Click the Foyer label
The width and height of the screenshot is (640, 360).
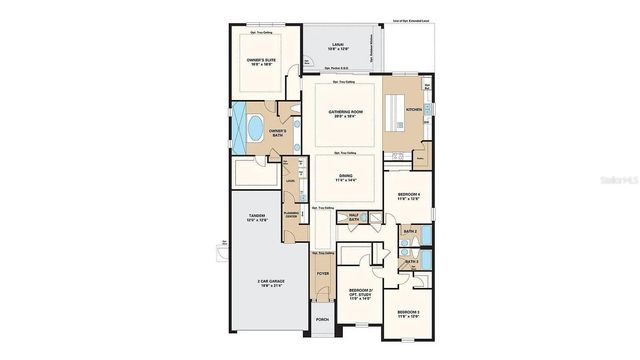point(322,273)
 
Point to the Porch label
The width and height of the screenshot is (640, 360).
point(322,320)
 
